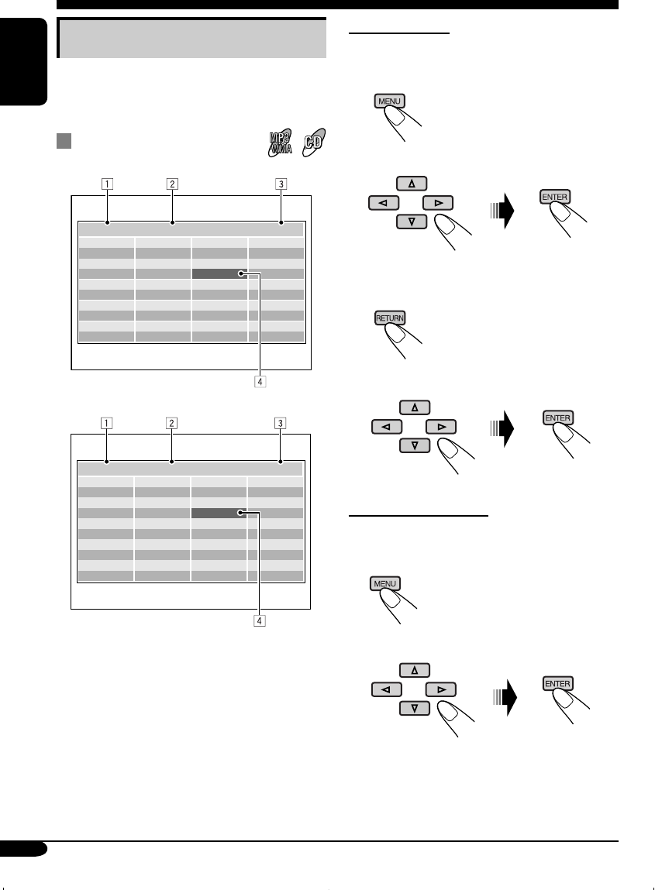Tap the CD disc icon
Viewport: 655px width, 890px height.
coord(315,142)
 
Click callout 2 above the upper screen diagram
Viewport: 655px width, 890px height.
coord(172,184)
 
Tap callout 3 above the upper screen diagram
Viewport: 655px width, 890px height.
coord(281,184)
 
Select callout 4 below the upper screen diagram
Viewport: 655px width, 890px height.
coord(260,381)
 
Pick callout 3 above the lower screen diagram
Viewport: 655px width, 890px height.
coord(281,423)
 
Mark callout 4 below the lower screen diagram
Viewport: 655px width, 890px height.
coord(260,620)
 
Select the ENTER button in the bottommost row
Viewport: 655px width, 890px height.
coord(557,684)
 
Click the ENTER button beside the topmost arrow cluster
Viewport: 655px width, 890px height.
coord(555,197)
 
